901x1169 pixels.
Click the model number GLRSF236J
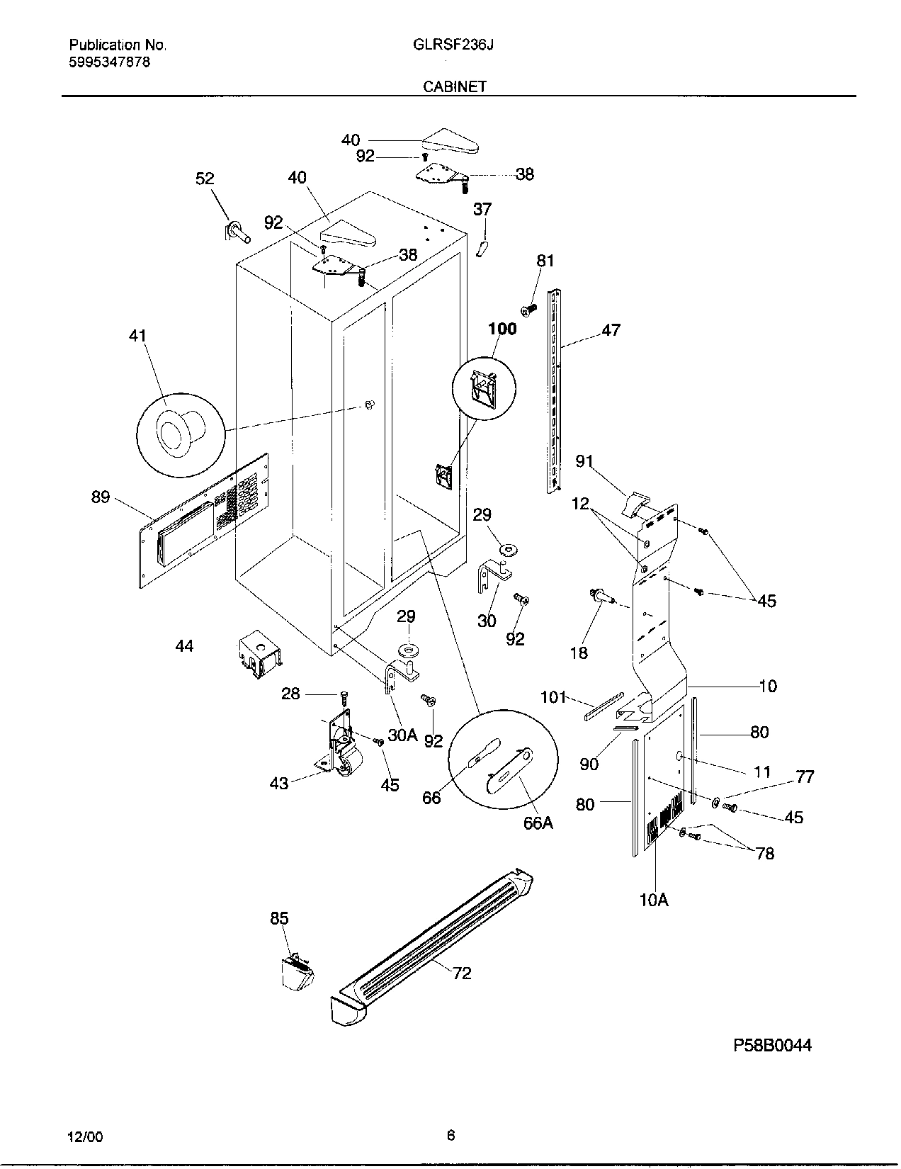pyautogui.click(x=453, y=45)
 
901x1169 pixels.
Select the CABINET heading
pyautogui.click(x=455, y=86)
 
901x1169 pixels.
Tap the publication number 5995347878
pyautogui.click(x=110, y=62)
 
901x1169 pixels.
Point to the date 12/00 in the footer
pyautogui.click(x=86, y=1136)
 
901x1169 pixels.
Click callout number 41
pyautogui.click(x=137, y=336)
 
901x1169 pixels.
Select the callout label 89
pyautogui.click(x=101, y=497)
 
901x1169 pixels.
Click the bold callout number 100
pyautogui.click(x=502, y=329)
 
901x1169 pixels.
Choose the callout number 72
pyautogui.click(x=461, y=973)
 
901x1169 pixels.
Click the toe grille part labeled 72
pyautogui.click(x=432, y=942)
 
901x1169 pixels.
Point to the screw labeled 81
pyautogui.click(x=528, y=309)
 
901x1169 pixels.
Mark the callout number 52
pyautogui.click(x=205, y=179)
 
